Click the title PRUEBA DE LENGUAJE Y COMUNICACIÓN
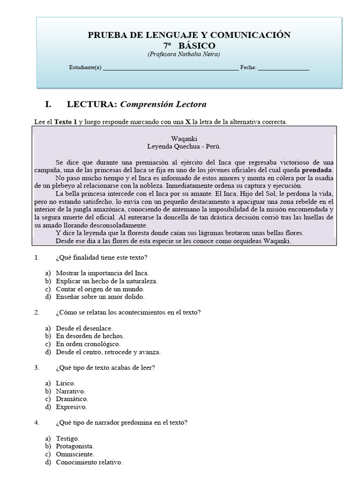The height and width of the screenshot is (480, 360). pos(189,35)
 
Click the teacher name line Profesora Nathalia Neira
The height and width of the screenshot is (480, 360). pos(184,54)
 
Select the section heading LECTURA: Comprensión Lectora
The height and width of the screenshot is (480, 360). pos(136,104)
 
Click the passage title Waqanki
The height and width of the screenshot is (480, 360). pos(184,139)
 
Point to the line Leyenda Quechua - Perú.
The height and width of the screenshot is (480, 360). pos(184,146)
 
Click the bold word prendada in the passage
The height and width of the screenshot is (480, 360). pos(317,170)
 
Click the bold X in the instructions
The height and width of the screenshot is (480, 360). pos(188,122)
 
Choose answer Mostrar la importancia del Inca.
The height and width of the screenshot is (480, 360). pos(102,273)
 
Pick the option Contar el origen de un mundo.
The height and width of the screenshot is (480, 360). pos(100,289)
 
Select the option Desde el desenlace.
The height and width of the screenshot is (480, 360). pos(84,328)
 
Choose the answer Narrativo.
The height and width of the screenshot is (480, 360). pos(71,391)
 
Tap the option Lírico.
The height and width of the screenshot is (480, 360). pos(65,383)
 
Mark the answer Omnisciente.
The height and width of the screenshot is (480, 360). pos(75,454)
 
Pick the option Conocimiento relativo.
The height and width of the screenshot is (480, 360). pos(89,462)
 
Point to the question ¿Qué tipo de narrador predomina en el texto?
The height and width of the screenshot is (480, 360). pos(121,422)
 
